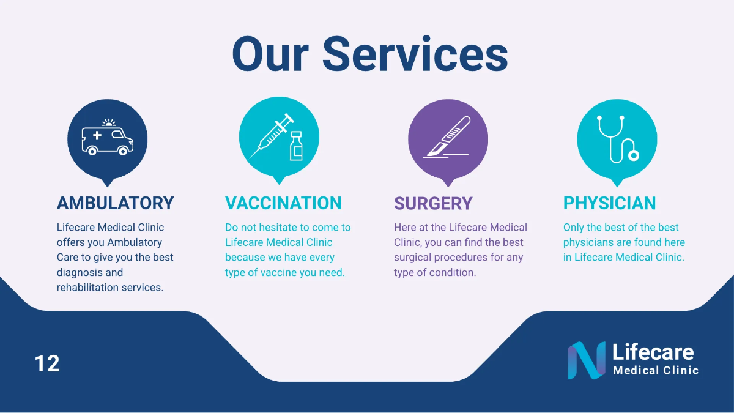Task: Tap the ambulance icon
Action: [x=107, y=138]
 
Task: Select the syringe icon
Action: [x=270, y=137]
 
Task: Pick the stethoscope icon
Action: [x=617, y=137]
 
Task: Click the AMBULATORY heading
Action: [x=115, y=203]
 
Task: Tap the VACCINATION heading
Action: [x=283, y=203]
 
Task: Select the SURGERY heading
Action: [x=433, y=203]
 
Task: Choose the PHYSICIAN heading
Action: [x=609, y=203]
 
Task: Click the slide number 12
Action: [x=47, y=363]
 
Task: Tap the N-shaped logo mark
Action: [x=586, y=360]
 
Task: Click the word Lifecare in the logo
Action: [x=653, y=352]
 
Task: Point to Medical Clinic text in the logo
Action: [x=655, y=370]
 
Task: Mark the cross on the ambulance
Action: [x=97, y=135]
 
